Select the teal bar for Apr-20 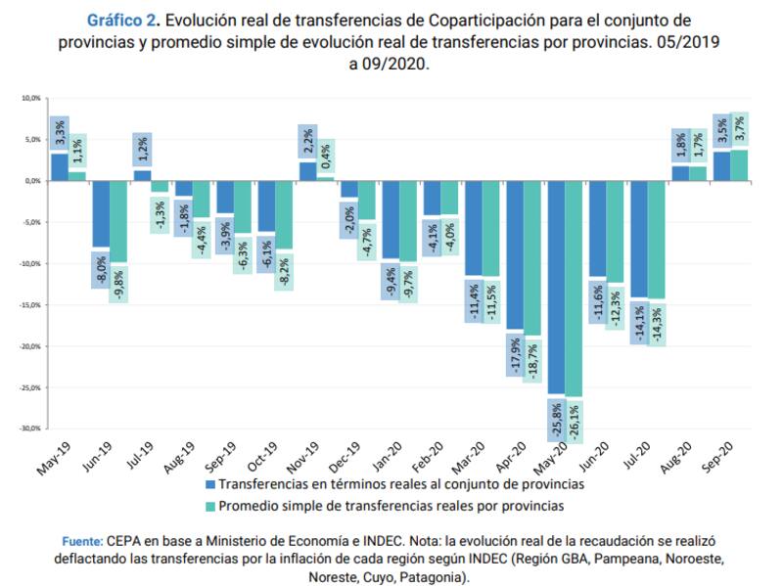pos(531,259)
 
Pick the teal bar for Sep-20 pos(739,165)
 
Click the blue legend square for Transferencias pos(210,484)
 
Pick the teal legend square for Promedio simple pos(210,506)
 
